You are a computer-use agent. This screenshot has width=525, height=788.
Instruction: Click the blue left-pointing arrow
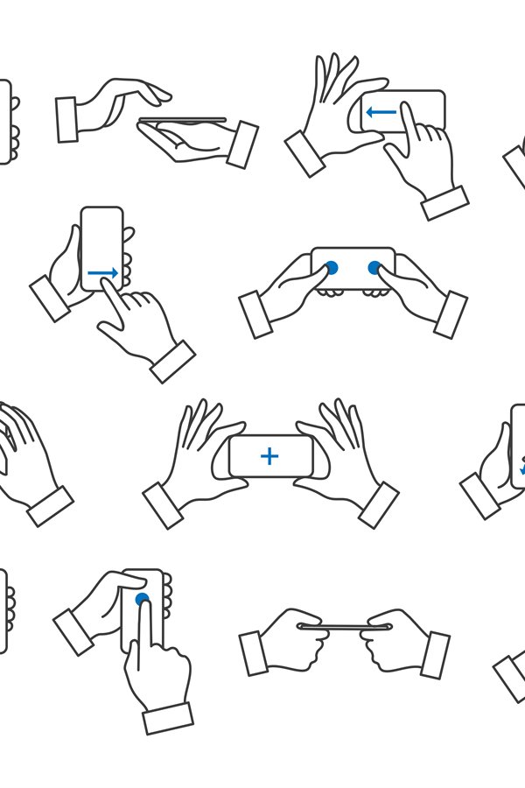[381, 112]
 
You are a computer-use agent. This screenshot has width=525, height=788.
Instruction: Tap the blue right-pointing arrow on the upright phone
[102, 273]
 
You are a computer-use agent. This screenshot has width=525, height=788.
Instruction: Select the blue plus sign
[269, 455]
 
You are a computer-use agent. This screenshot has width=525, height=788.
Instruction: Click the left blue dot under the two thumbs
[331, 267]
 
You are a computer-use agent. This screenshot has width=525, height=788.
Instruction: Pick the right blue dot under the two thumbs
[375, 267]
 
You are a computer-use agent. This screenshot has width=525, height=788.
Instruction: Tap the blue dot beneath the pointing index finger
[143, 600]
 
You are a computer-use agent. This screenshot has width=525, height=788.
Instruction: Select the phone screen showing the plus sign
[270, 456]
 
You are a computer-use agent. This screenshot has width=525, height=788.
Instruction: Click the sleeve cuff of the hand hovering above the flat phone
[67, 118]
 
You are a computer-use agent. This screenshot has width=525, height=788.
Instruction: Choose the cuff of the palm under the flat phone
[242, 144]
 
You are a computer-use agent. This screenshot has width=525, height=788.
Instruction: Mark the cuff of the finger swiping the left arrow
[444, 202]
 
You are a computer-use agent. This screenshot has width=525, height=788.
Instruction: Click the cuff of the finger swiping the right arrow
[172, 361]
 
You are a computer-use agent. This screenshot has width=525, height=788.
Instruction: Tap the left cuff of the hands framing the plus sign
[163, 505]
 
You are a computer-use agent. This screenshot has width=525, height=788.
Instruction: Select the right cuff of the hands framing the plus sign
[379, 505]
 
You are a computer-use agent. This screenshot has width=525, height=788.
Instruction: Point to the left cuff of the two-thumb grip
[256, 314]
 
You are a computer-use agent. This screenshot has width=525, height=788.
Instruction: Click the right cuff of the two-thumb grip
[451, 314]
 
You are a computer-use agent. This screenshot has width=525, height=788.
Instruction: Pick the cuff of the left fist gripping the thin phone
[255, 653]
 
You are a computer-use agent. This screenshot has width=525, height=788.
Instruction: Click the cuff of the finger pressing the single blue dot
[168, 718]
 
